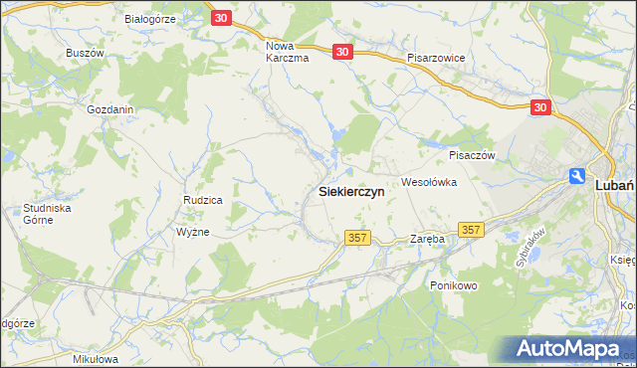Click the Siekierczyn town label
351,192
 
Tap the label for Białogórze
150,19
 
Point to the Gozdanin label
110,109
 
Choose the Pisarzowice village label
436,59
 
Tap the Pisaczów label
472,155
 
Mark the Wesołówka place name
428,182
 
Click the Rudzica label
202,200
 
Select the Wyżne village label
192,231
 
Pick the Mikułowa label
97,358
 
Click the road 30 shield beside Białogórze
222,18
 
